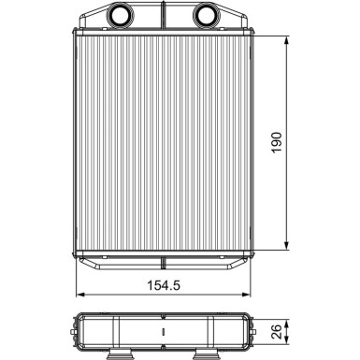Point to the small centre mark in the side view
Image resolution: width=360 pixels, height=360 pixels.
[x=163, y=331]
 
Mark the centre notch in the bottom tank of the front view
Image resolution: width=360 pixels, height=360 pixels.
[x=163, y=254]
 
